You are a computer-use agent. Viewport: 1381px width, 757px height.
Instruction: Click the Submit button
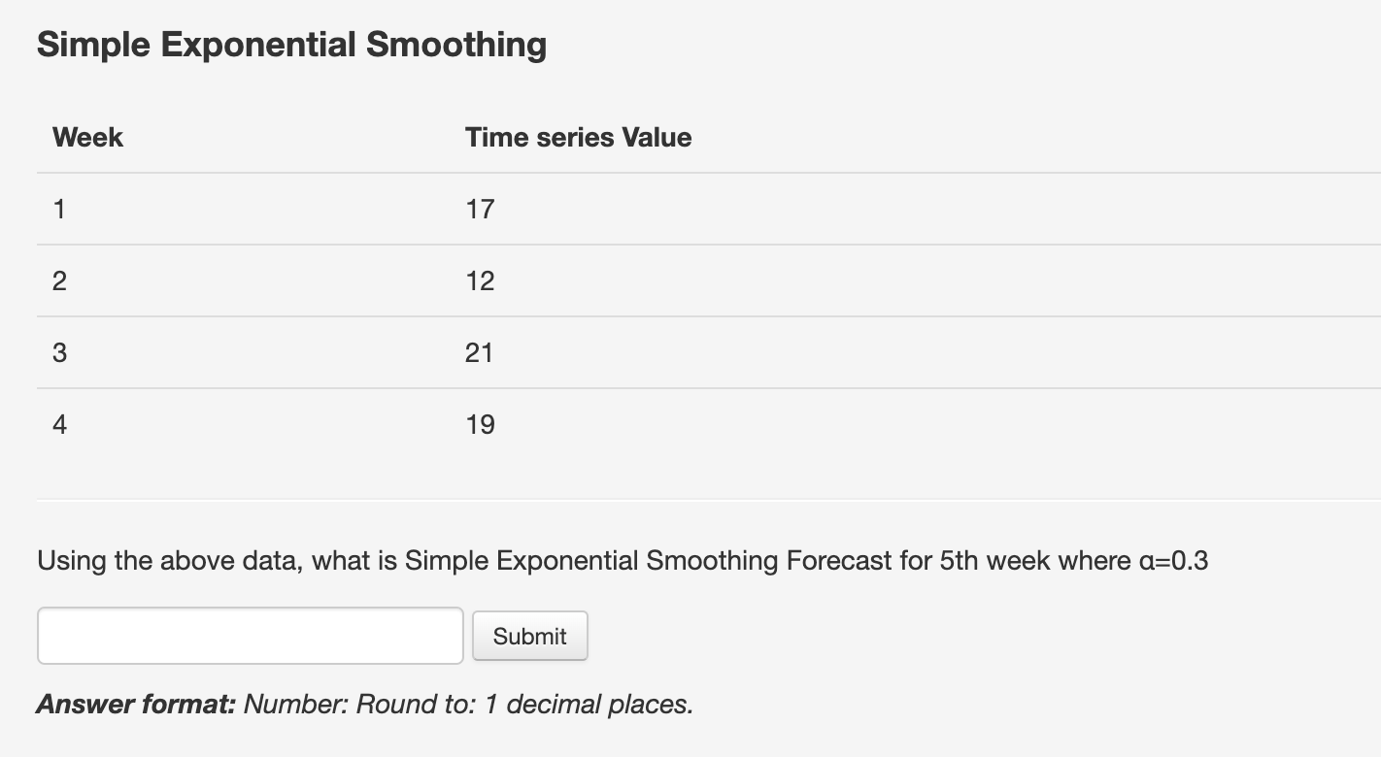[529, 636]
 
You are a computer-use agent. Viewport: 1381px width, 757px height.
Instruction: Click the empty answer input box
[250, 636]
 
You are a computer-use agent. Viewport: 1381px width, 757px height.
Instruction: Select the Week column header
[87, 138]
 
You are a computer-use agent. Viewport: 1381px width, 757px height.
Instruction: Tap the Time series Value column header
[578, 138]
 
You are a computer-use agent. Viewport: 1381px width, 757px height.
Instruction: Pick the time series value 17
[480, 209]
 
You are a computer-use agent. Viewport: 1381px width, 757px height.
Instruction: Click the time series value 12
[480, 280]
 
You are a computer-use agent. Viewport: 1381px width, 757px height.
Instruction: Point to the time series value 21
[479, 352]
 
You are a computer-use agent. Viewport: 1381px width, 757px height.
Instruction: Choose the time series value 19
[480, 424]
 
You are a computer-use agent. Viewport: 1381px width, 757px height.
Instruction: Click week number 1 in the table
[59, 209]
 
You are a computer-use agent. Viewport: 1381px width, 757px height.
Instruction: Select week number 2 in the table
[59, 280]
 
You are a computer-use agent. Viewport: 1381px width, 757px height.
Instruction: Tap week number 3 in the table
[59, 352]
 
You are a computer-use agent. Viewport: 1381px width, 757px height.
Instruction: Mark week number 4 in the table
[59, 424]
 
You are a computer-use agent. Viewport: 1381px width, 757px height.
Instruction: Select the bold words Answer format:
[136, 704]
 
